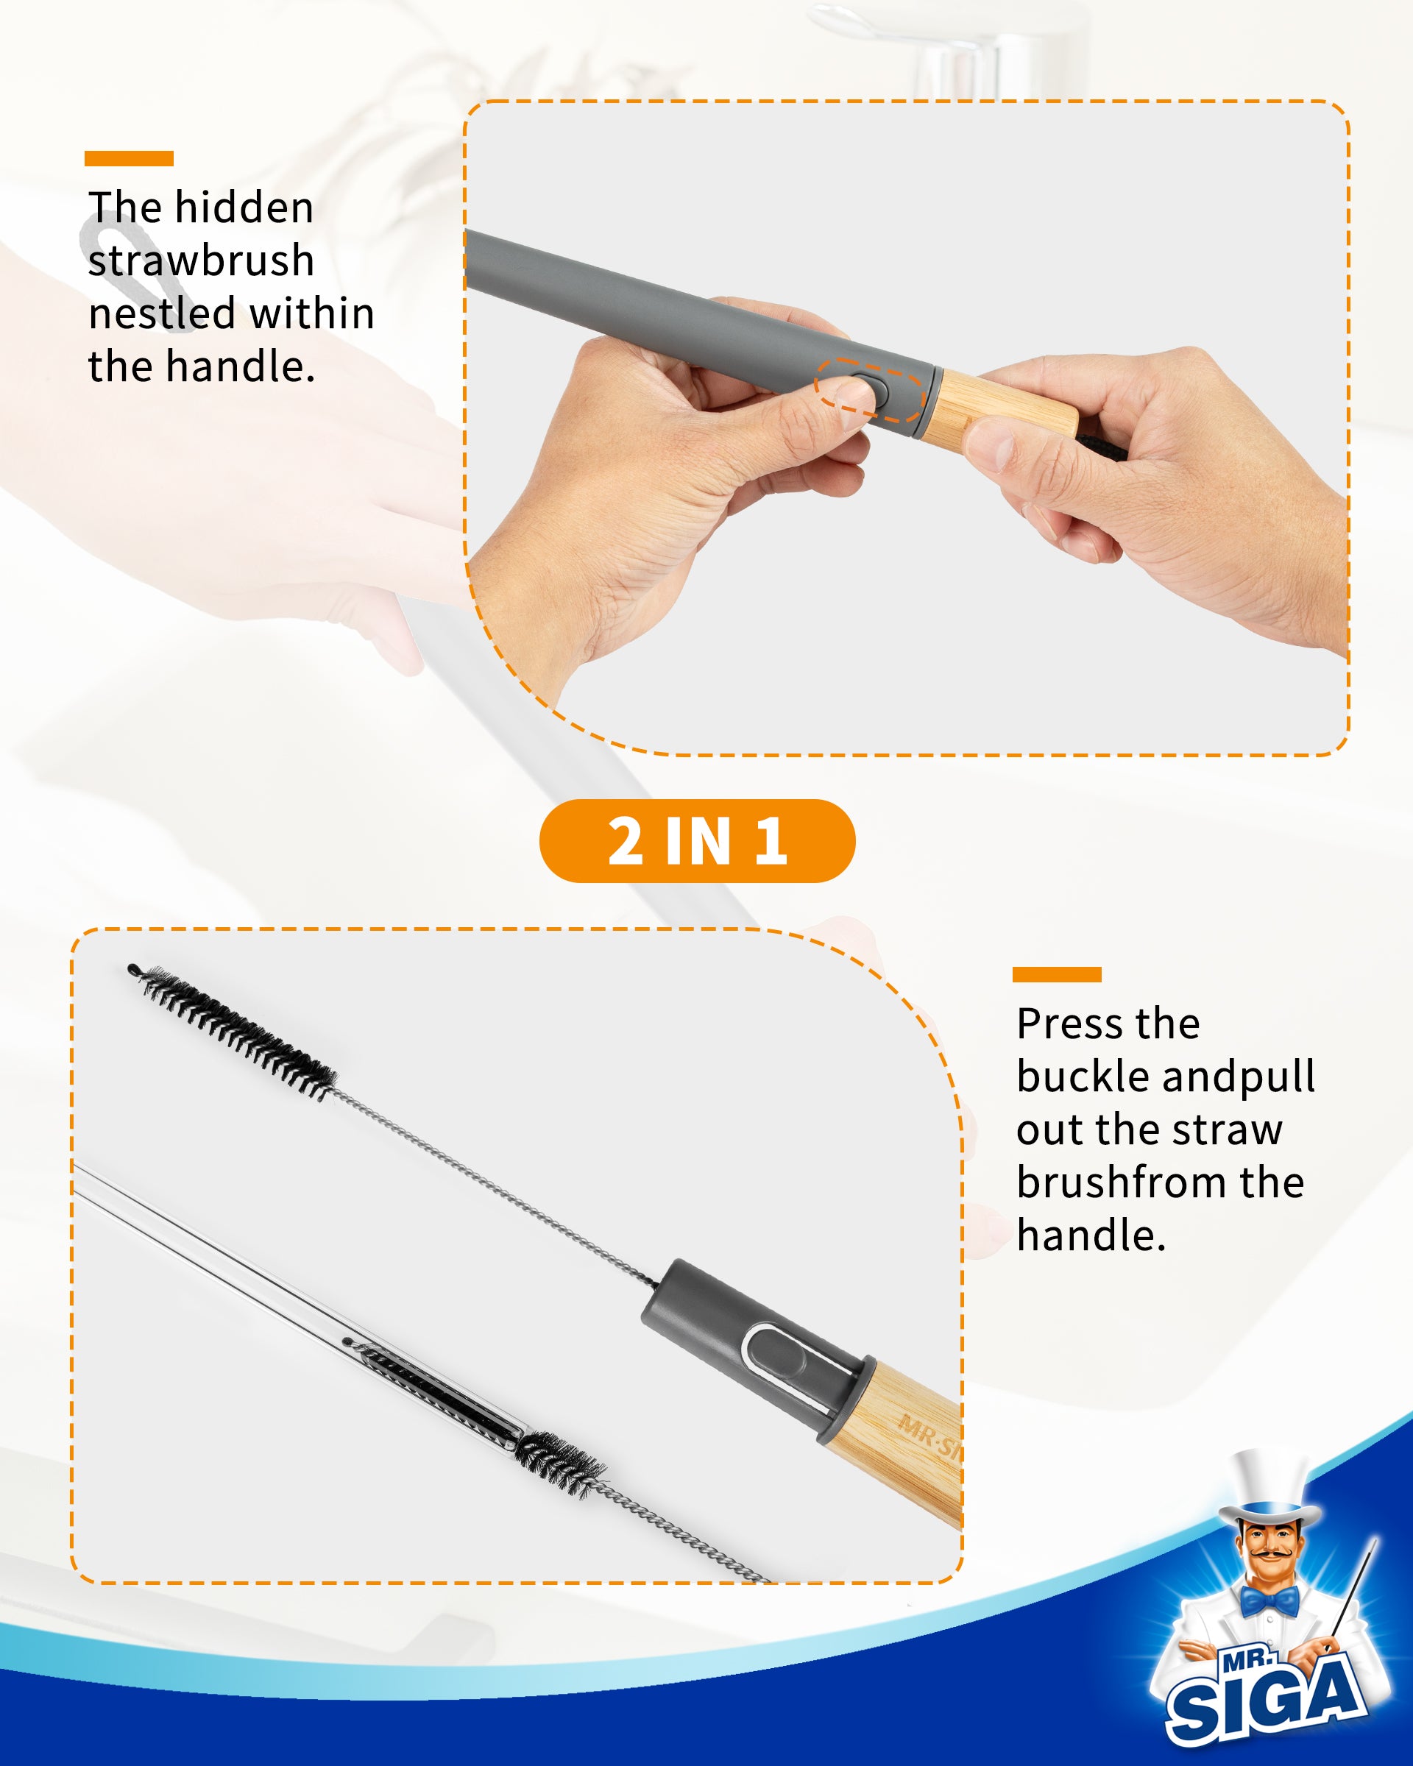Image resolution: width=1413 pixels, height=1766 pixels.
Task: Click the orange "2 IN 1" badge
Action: click(697, 841)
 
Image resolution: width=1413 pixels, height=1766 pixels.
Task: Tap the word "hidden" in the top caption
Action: click(244, 208)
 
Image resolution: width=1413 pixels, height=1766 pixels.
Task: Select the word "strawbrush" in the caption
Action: click(202, 261)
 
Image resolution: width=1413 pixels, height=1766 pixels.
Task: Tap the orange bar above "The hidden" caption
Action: click(129, 159)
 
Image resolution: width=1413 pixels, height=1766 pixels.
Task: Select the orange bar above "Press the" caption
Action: click(1057, 974)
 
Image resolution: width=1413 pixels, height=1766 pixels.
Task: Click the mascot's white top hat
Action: click(1267, 1483)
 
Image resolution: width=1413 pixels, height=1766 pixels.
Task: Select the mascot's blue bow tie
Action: click(1269, 1598)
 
